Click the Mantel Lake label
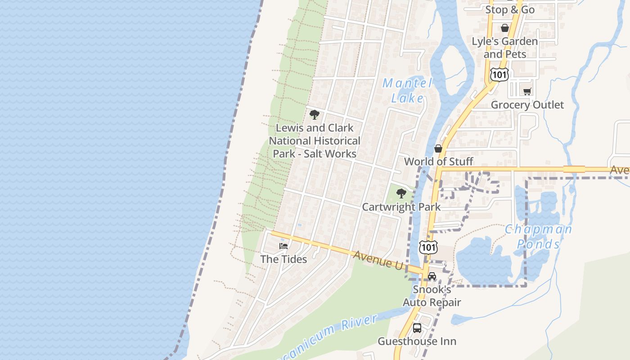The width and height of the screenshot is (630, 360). click(408, 90)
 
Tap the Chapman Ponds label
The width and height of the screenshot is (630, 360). click(539, 237)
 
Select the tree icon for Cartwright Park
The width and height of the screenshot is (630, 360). click(401, 194)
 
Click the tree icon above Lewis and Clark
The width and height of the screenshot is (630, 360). click(315, 115)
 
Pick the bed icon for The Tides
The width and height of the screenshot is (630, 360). click(283, 246)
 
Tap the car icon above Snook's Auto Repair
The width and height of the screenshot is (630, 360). click(432, 276)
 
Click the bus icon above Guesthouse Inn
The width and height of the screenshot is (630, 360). click(417, 328)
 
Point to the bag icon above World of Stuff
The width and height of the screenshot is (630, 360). click(438, 148)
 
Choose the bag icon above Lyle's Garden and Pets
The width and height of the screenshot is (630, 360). click(505, 28)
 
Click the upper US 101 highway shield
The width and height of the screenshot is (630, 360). click(499, 74)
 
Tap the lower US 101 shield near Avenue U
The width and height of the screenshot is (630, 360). click(428, 247)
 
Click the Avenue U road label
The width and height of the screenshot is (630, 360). click(378, 260)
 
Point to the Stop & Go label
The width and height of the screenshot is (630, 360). click(510, 9)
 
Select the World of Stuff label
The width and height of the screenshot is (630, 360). click(439, 162)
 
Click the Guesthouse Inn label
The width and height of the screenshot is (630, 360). click(417, 341)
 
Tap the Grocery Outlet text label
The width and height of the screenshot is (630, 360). click(527, 105)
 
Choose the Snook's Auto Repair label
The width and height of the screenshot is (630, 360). click(432, 296)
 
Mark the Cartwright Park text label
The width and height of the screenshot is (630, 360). click(401, 207)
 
